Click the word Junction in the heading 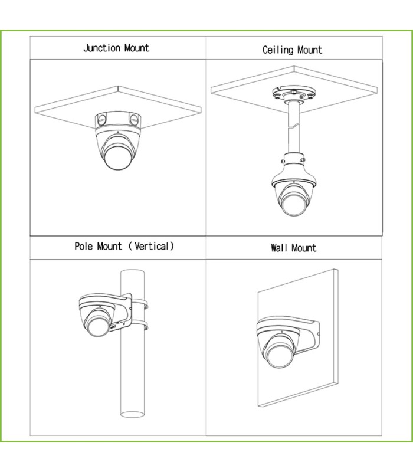[x=101, y=48]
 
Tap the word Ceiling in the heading [x=276, y=50]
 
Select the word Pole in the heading [x=83, y=246]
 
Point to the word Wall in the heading [x=278, y=248]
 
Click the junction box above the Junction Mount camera [x=118, y=120]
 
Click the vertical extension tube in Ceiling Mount [x=294, y=128]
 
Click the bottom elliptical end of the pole [x=132, y=415]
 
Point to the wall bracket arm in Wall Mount [x=307, y=334]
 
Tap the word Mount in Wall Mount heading [x=304, y=248]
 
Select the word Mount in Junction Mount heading [x=137, y=48]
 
